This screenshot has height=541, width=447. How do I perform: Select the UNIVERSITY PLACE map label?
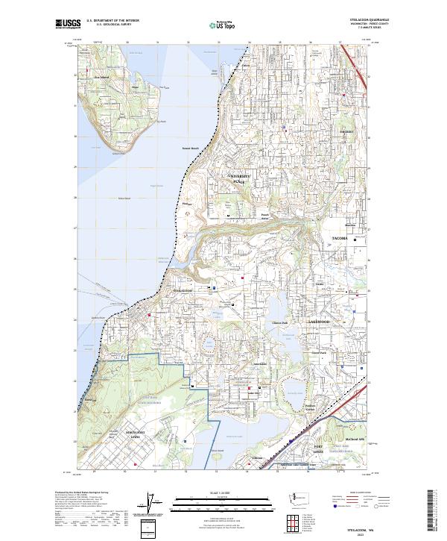pos(238,180)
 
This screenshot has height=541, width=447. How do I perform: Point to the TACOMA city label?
pos(340,239)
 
